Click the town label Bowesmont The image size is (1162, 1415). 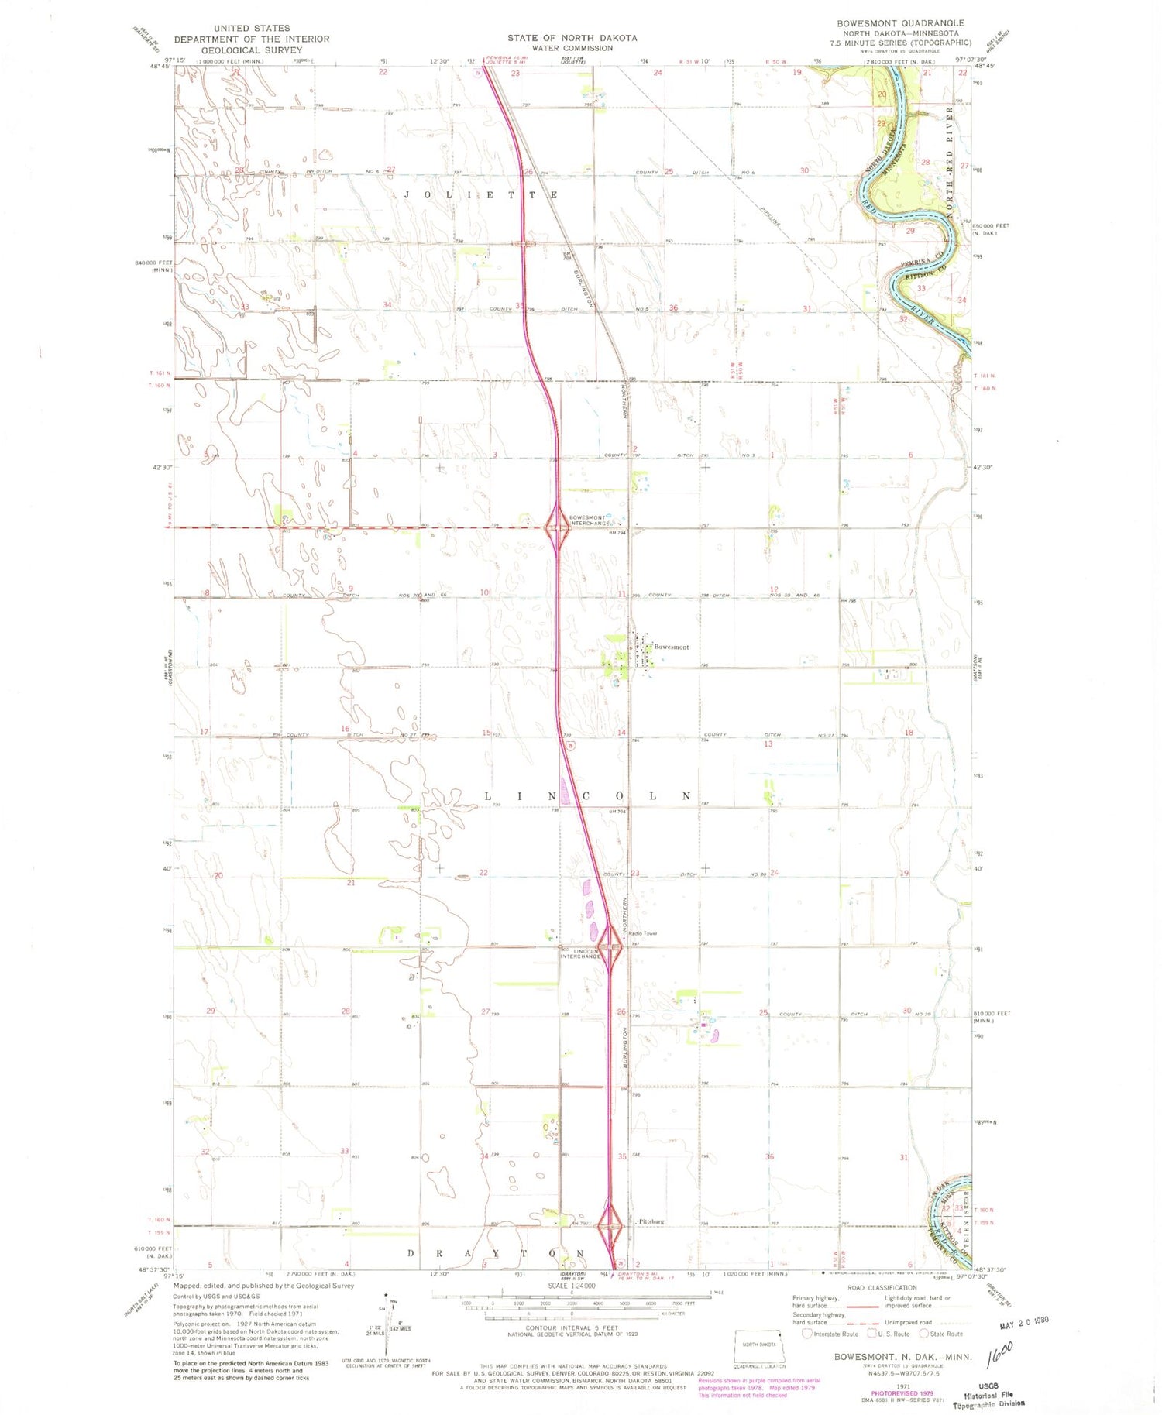tap(671, 647)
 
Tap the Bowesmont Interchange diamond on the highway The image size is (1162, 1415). tap(557, 529)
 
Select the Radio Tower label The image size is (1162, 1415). tap(643, 933)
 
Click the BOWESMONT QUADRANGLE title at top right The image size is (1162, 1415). tap(900, 23)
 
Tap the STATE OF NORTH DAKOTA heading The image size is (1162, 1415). tap(572, 38)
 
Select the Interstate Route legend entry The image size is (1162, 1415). tap(830, 1334)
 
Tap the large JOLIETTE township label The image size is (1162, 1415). tap(480, 195)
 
